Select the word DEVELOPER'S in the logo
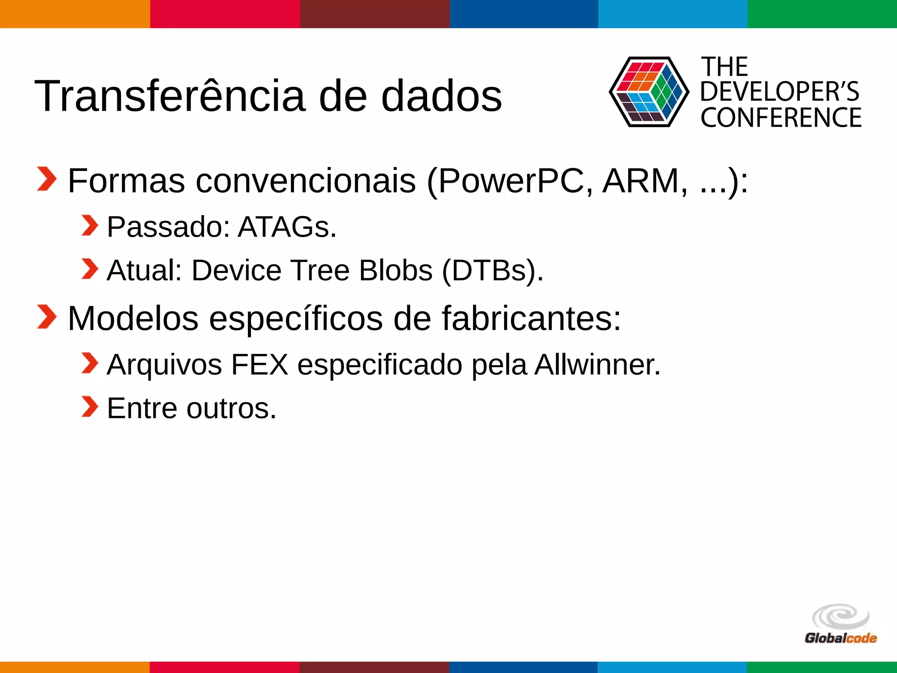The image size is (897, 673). coord(780,92)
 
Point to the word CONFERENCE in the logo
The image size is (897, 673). coord(781,117)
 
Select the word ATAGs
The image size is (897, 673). coord(287,227)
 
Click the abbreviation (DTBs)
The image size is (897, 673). coord(492,270)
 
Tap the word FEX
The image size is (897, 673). coord(260,365)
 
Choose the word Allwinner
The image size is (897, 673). coord(597,365)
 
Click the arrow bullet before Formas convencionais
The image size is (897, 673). coord(46,179)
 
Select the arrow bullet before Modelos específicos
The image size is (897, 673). coord(46,317)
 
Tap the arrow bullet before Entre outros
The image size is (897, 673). coord(90,407)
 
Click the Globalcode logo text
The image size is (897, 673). coord(840,638)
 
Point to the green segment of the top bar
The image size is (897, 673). coord(822,14)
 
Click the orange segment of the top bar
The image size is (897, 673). coord(74,14)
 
